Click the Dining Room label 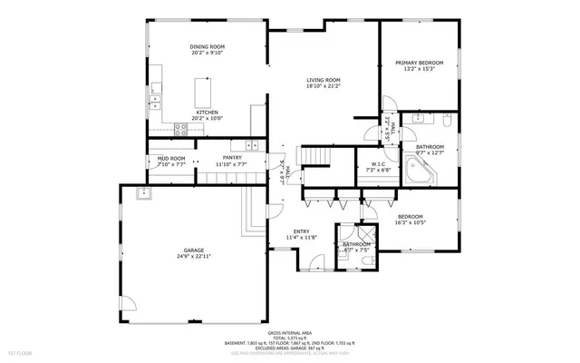tap(207, 46)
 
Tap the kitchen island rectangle tap(202, 92)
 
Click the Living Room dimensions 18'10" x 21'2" tap(323, 86)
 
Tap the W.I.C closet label tap(378, 164)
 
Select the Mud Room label tap(171, 159)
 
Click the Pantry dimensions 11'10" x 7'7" tap(232, 165)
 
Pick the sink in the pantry tap(251, 145)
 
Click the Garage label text tap(194, 250)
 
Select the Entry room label tap(300, 231)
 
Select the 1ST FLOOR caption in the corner tap(20, 351)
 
